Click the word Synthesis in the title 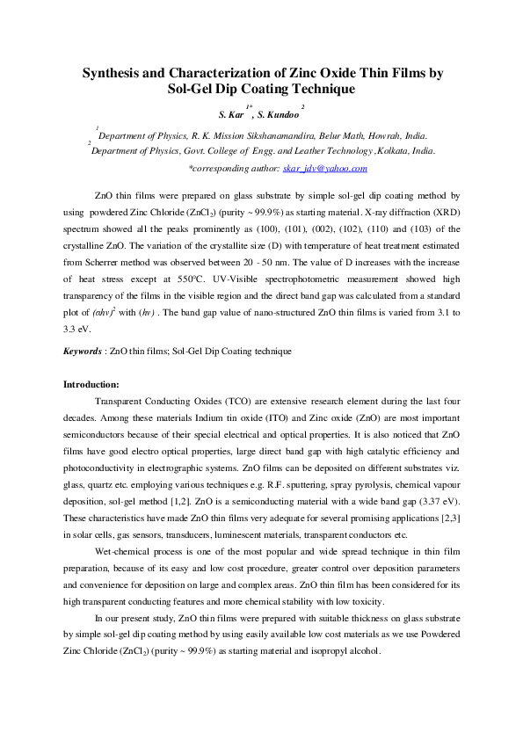115,74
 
